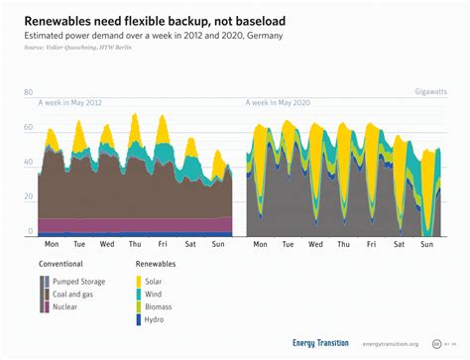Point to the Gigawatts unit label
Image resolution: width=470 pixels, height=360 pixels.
[x=431, y=91]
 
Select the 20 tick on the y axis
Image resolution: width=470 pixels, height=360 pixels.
[x=29, y=196]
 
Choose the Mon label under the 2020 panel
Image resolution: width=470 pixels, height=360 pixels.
[x=261, y=244]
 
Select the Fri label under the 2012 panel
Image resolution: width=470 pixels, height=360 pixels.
[x=164, y=244]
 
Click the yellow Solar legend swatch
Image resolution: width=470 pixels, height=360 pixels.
[x=141, y=282]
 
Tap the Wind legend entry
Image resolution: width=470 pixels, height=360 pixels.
[x=164, y=295]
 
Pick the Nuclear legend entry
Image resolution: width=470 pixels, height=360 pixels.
[x=65, y=307]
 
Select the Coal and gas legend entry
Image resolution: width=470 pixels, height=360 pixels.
[x=75, y=295]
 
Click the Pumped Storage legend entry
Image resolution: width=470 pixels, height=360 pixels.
[x=80, y=282]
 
